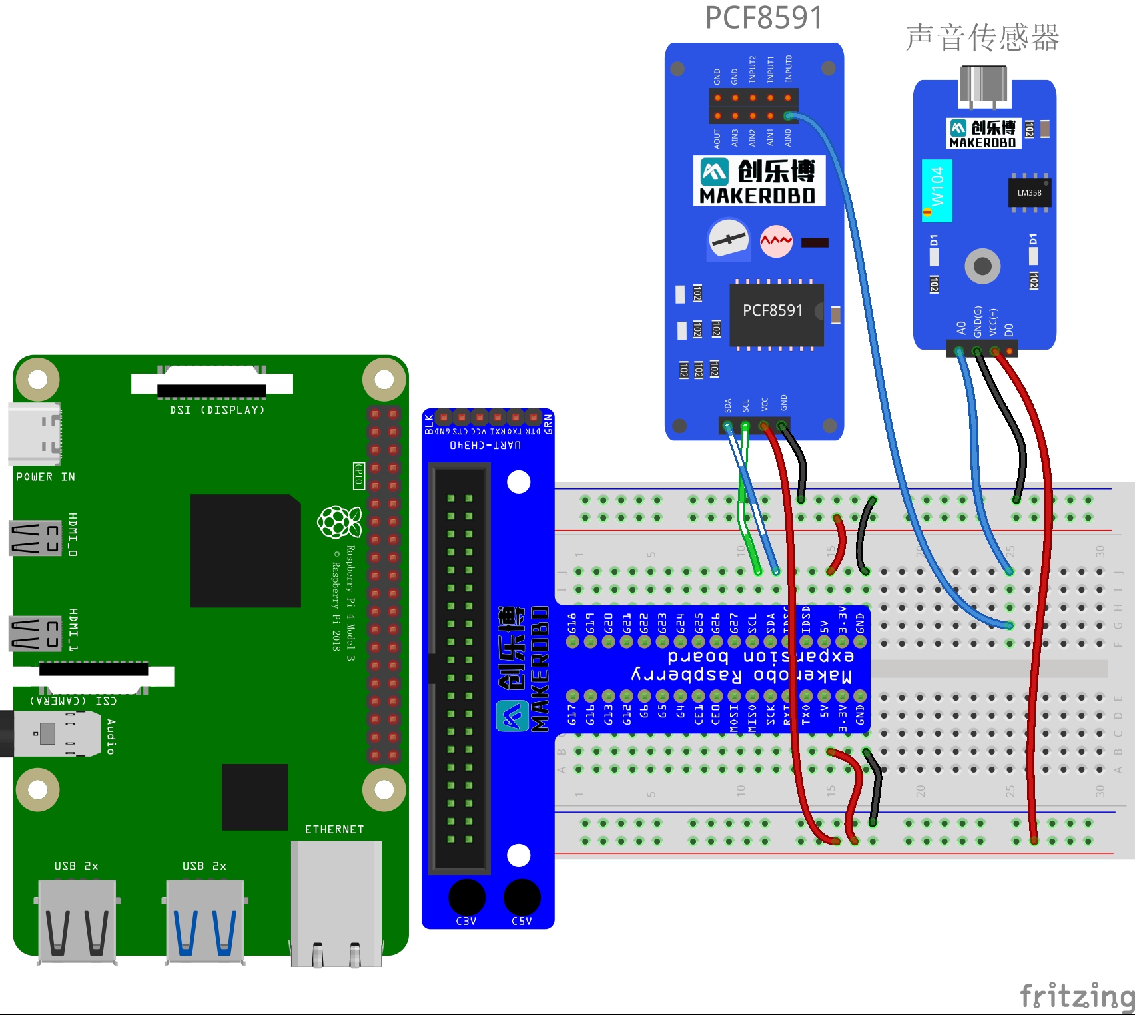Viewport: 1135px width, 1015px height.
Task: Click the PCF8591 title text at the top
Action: [x=763, y=18]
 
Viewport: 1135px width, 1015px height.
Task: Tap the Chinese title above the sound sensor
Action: [x=982, y=37]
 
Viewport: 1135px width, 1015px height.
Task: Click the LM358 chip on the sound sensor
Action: [x=1029, y=193]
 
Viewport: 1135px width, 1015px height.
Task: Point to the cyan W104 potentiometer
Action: [x=937, y=190]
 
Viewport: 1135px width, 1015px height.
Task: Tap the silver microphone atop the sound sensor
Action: [x=983, y=85]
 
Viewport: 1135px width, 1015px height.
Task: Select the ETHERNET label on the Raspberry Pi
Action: [x=334, y=829]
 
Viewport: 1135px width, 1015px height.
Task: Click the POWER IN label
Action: [x=45, y=477]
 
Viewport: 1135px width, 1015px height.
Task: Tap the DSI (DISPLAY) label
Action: [x=217, y=410]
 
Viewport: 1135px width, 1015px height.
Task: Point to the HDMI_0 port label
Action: [x=73, y=535]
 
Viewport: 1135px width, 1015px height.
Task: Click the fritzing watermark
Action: [x=1076, y=996]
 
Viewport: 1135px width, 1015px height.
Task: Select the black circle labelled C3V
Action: [x=466, y=897]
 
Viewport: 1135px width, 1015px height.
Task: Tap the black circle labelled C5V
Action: [x=522, y=897]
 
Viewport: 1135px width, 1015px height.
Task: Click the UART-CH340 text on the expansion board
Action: [x=485, y=445]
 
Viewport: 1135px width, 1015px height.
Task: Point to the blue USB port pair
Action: [x=205, y=922]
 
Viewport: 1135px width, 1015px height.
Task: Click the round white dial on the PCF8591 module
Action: [x=729, y=240]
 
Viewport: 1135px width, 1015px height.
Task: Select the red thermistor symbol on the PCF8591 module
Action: [x=776, y=241]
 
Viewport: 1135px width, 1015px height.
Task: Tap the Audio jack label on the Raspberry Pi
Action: [x=111, y=737]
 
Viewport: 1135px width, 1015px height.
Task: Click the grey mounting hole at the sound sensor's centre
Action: [x=982, y=266]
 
